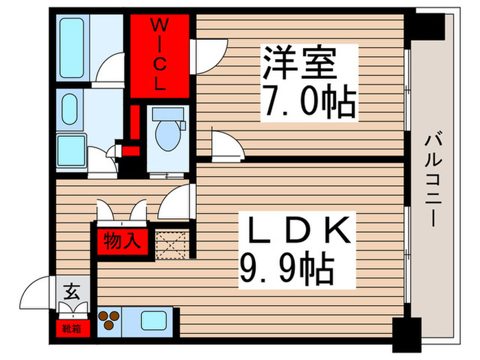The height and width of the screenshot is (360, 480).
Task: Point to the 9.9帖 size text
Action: [x=287, y=270]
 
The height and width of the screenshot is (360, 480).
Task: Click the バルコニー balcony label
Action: [x=432, y=180]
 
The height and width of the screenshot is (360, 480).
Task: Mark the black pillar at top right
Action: [x=427, y=27]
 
